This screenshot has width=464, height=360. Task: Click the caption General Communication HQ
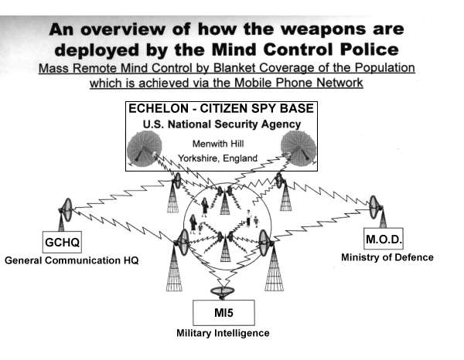(x=71, y=260)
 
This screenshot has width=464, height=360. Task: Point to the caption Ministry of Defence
(x=387, y=257)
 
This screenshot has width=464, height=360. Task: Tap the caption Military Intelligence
(x=222, y=333)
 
